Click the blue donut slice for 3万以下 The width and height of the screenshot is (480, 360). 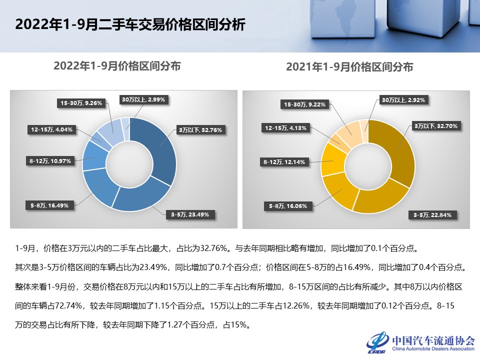click(159, 147)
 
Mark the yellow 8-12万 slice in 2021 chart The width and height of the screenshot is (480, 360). click(332, 159)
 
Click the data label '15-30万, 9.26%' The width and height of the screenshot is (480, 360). click(81, 103)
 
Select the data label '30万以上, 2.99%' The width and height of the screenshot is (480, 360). click(143, 99)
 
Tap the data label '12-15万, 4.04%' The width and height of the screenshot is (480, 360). click(51, 129)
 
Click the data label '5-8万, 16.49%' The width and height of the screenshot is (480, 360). click(49, 205)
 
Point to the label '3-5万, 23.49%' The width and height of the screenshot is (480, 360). click(190, 214)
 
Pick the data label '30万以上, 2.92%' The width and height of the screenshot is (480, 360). click(403, 100)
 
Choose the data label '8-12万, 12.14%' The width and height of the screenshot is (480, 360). click(284, 162)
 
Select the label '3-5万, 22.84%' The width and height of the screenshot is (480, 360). click(432, 215)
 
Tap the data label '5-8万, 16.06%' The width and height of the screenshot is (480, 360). click(288, 206)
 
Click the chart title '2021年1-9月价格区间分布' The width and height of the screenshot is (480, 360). click(349, 66)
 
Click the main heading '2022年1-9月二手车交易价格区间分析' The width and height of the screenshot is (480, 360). click(130, 24)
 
